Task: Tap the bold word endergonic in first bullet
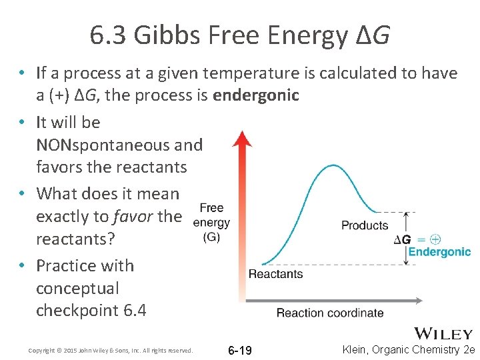[256, 95]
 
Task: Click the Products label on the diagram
[365, 225]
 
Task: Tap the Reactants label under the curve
[275, 273]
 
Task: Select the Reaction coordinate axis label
[330, 313]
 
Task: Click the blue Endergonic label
[439, 252]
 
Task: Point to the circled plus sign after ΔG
[435, 239]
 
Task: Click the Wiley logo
[443, 333]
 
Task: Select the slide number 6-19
[240, 350]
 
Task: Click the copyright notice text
[111, 350]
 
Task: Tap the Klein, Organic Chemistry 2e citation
[408, 349]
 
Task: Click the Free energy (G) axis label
[211, 223]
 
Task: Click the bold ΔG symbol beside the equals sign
[402, 239]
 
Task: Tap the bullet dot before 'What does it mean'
[22, 194]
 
